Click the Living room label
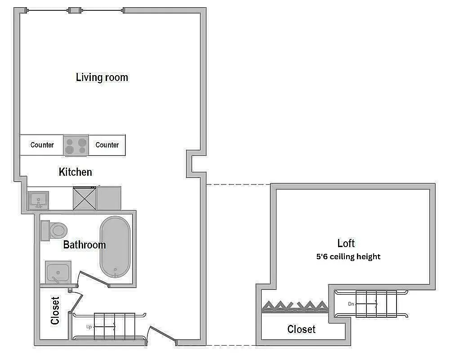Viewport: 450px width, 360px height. click(x=102, y=77)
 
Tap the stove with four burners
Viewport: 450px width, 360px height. click(x=76, y=145)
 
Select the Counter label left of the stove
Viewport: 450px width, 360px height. click(x=42, y=145)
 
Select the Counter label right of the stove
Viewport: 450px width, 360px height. click(x=107, y=145)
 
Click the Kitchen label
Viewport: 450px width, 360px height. click(x=76, y=172)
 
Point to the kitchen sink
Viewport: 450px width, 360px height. click(x=38, y=199)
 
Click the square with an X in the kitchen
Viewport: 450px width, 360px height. click(x=85, y=198)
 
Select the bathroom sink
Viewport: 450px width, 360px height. click(x=58, y=272)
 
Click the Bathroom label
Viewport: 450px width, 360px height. click(x=85, y=245)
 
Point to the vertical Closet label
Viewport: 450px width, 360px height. click(x=55, y=310)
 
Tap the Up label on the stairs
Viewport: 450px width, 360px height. click(x=89, y=327)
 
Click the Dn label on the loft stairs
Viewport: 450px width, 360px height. click(x=351, y=304)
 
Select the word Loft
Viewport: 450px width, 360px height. click(x=346, y=243)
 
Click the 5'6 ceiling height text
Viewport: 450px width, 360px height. click(x=348, y=256)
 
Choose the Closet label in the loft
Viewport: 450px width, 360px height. click(x=301, y=329)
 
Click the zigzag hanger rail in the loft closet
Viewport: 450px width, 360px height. click(x=294, y=306)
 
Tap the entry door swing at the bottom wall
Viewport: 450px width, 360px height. click(x=162, y=335)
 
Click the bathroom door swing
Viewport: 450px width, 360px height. click(x=92, y=278)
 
